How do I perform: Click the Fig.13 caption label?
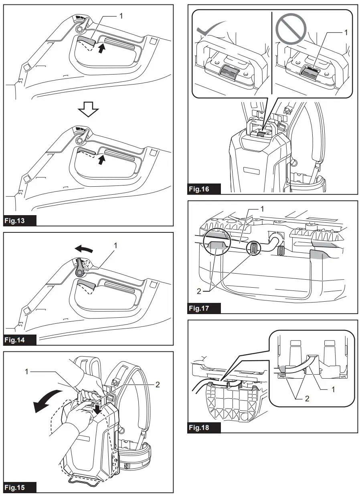[x=20, y=220]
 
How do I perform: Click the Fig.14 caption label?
[x=20, y=339]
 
